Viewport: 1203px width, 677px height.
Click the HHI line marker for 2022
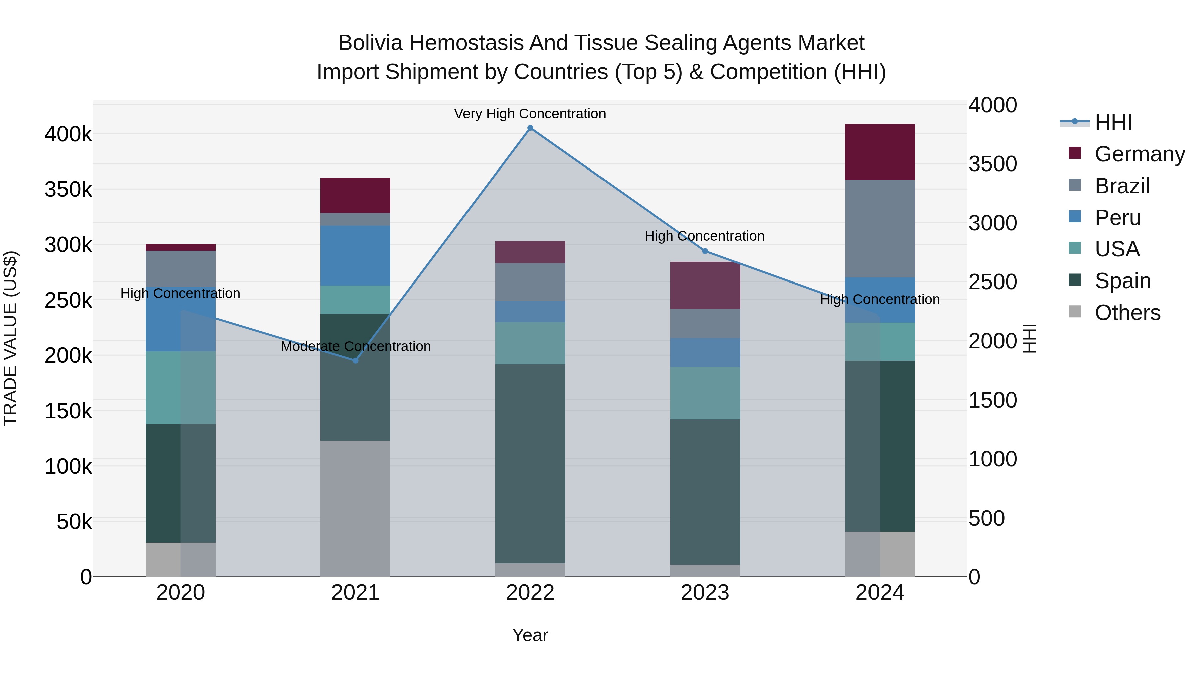(x=530, y=128)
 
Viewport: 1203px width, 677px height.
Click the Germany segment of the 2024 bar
(x=880, y=152)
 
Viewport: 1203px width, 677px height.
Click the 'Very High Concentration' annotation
(x=530, y=114)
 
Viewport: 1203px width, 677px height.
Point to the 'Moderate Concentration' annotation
(x=356, y=347)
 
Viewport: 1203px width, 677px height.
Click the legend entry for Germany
(x=1140, y=154)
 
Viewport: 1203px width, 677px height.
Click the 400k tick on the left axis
(x=68, y=134)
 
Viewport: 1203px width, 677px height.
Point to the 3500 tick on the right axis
(x=992, y=164)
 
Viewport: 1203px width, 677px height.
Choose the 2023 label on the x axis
(x=705, y=593)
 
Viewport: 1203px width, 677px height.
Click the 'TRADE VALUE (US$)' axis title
(x=10, y=338)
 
